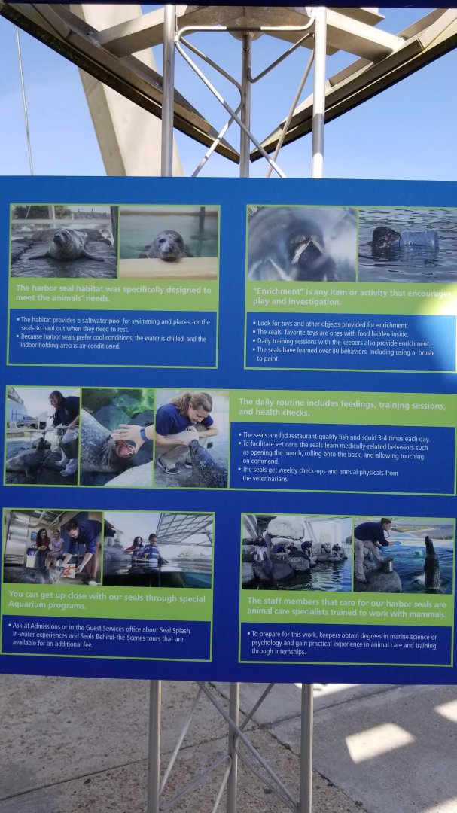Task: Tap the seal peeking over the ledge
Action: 167,246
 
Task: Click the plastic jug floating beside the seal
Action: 420,239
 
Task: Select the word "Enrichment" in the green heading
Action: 276,292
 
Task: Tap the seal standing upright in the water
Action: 431,562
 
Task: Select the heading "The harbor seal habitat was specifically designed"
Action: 113,289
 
